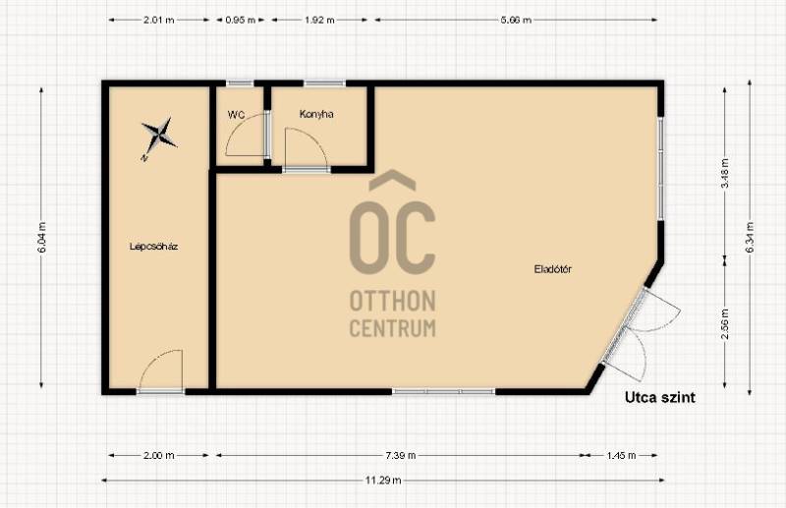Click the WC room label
236,115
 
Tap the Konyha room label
316,114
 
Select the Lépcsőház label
154,247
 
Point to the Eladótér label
553,269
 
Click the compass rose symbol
158,137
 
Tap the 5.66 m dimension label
516,20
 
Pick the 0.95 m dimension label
240,20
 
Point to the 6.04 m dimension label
42,238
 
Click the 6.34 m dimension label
750,238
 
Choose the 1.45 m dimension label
621,455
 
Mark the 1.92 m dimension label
319,20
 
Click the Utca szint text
659,398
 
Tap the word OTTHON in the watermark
392,301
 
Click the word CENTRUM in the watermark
392,328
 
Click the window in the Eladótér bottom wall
444,391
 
